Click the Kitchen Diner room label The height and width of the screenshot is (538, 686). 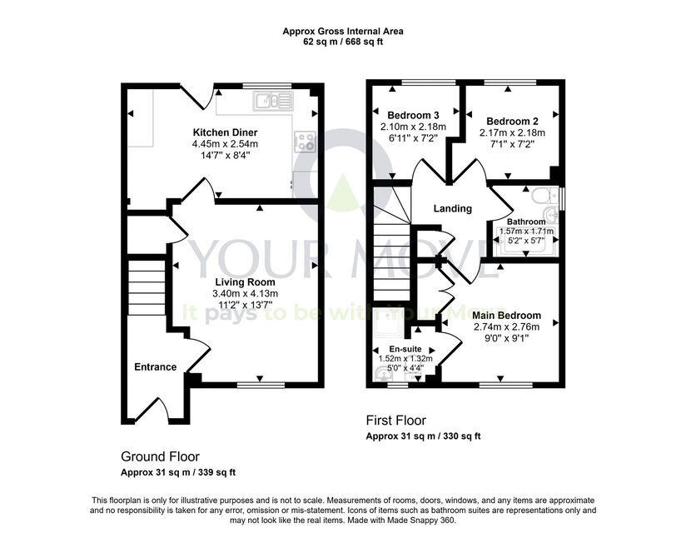coord(225,132)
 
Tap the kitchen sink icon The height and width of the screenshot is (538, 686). coord(272,101)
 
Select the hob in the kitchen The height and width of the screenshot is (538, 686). coord(305,142)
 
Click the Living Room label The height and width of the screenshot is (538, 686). coord(245,282)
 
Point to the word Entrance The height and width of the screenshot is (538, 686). coord(156,366)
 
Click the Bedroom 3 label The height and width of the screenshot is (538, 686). coord(413,115)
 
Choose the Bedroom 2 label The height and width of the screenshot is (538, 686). coord(512,122)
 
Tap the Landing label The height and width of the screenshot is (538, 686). coord(452,208)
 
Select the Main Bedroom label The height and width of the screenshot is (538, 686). coord(507,315)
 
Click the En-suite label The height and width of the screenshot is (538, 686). coord(405,349)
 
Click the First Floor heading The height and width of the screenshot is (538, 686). coord(396,421)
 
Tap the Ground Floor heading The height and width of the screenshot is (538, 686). coord(160,456)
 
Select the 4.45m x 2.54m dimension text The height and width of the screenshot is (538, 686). coord(225,143)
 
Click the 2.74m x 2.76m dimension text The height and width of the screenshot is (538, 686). coord(507,326)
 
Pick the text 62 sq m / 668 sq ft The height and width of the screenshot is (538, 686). coord(342,42)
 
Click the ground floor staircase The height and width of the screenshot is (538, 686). coord(147,287)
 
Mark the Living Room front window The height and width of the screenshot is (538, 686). coord(261,385)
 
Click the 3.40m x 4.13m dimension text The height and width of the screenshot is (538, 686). coord(245,293)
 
